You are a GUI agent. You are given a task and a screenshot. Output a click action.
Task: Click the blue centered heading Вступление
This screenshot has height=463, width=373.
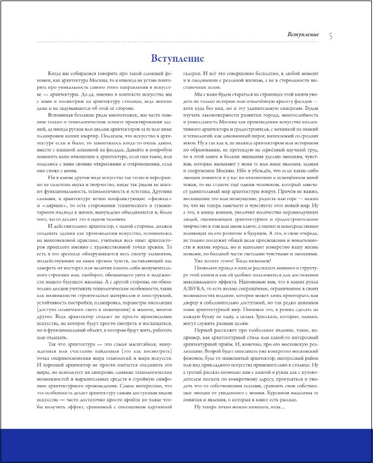177,58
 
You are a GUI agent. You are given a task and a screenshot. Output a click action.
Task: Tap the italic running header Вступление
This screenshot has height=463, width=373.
303,35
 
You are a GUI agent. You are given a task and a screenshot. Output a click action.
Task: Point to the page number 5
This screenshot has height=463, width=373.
330,36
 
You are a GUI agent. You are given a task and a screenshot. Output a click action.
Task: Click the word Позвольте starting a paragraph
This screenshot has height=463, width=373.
204,268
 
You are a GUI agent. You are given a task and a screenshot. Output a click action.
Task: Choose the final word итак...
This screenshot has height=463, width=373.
269,407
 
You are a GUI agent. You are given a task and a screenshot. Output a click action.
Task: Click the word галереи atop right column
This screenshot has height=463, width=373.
192,72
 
